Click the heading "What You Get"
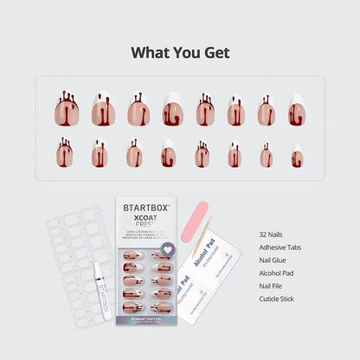180,52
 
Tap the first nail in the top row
67,110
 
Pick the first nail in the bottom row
65,154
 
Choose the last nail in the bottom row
297,157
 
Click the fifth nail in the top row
205,111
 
